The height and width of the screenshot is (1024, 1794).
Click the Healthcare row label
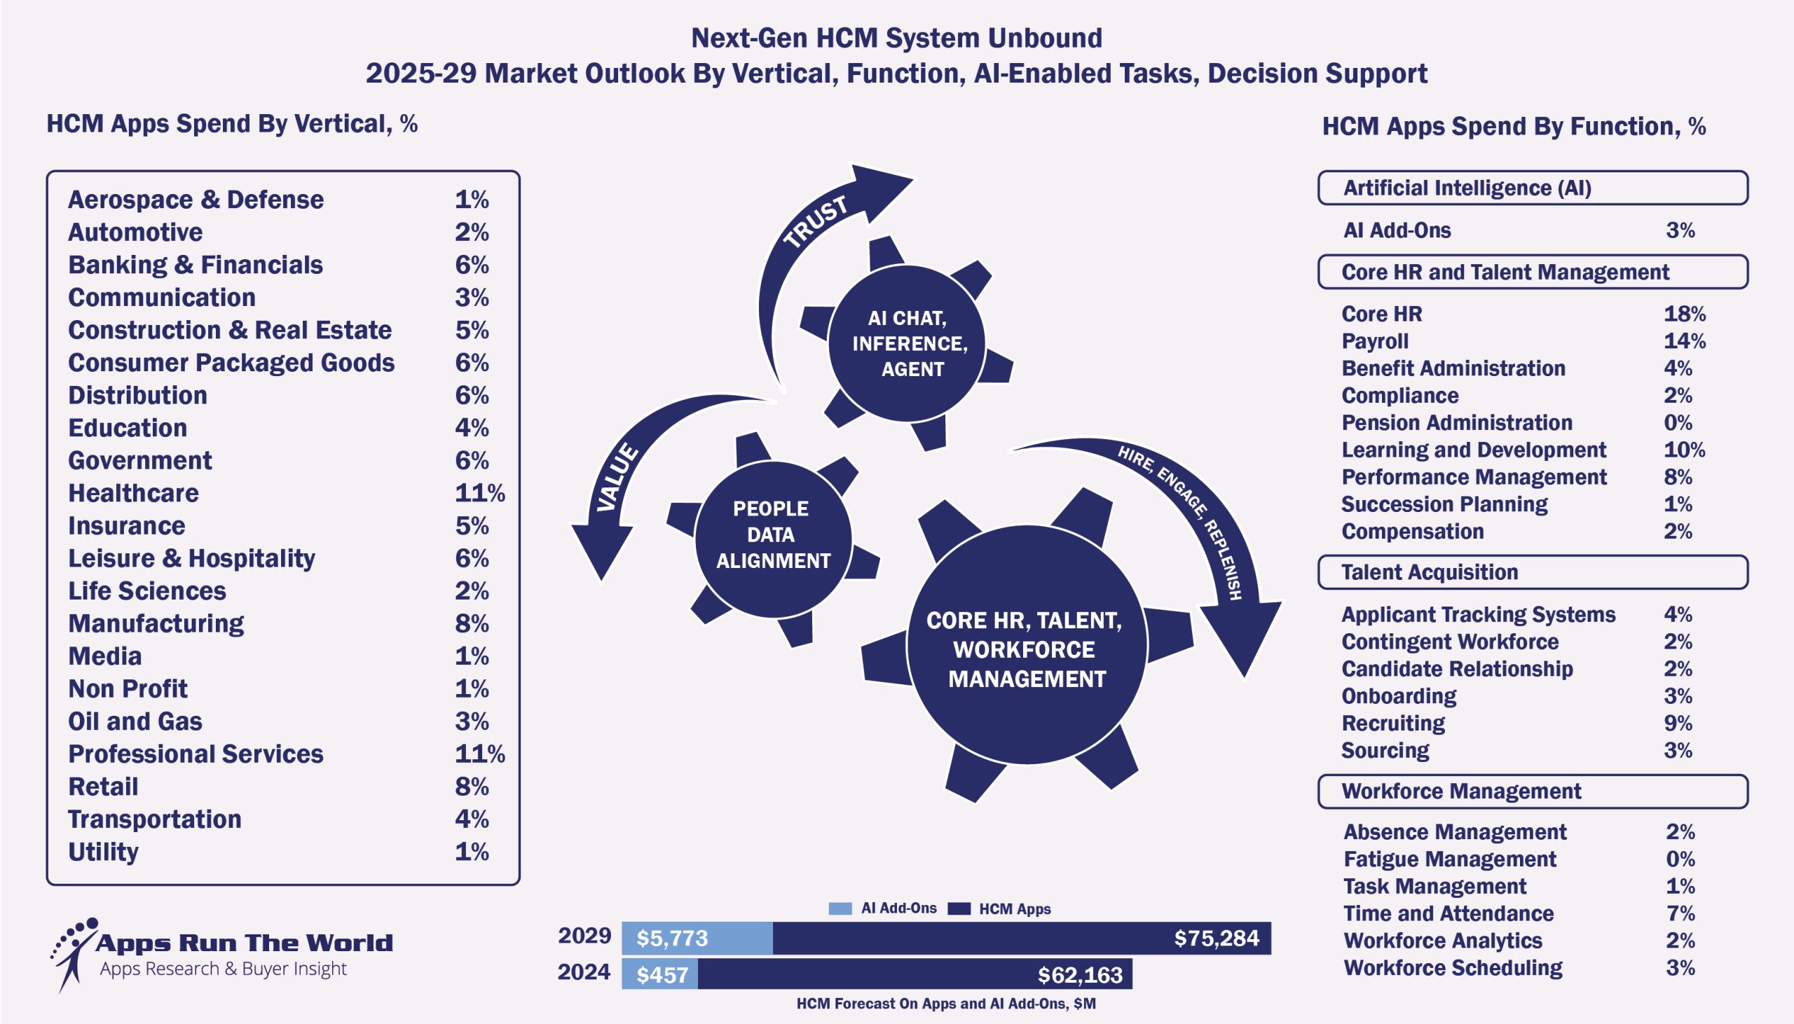[x=133, y=493]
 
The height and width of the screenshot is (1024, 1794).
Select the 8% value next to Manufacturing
[x=472, y=624]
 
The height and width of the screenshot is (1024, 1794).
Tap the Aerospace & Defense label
[x=196, y=200]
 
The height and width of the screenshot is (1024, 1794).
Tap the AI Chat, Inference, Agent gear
[x=908, y=343]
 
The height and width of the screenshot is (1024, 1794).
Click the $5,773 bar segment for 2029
[x=697, y=938]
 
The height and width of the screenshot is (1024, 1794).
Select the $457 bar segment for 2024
[x=660, y=975]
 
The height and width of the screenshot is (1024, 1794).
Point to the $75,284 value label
[x=1216, y=938]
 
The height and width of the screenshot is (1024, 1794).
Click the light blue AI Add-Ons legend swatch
[x=840, y=908]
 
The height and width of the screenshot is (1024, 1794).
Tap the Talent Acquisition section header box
[x=1533, y=572]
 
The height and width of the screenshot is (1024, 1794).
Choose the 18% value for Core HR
[x=1683, y=314]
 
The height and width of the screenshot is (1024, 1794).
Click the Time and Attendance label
[x=1448, y=913]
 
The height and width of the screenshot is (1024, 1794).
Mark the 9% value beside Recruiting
[x=1677, y=723]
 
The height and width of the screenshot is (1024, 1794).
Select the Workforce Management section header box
[x=1533, y=791]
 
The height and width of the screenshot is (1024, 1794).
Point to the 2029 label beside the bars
[x=584, y=936]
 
